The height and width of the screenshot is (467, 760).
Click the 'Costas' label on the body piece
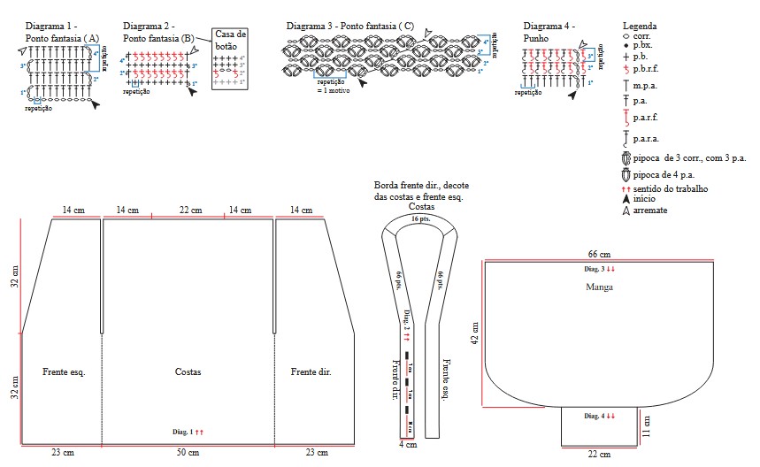(188, 372)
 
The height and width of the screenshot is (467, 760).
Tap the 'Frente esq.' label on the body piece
(64, 372)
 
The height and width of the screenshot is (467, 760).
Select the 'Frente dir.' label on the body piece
(311, 372)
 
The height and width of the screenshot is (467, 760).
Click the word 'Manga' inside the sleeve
(600, 287)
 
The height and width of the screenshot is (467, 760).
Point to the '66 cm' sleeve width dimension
(599, 254)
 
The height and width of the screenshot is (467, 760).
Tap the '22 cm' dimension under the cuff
(599, 455)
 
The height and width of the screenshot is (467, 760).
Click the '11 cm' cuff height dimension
(647, 426)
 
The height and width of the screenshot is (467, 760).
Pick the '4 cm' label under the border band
(406, 444)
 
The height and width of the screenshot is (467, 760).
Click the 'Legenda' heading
(640, 27)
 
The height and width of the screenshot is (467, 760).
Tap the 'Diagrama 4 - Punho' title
(549, 33)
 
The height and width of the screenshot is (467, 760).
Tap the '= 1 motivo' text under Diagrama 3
(335, 89)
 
